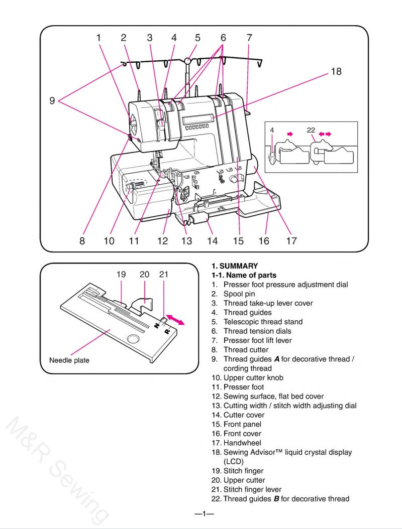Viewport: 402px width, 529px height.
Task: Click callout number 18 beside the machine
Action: point(336,72)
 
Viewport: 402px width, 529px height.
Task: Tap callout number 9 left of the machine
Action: point(52,100)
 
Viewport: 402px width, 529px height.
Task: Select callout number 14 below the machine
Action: point(212,241)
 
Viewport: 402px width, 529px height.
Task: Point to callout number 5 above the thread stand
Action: point(197,38)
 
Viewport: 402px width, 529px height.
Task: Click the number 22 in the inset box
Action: point(311,130)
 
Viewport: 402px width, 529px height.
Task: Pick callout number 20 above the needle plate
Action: point(144,275)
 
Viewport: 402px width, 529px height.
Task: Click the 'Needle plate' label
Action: point(69,360)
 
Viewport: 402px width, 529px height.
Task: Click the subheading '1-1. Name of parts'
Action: point(244,275)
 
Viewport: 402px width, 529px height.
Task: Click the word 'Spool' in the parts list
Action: point(233,294)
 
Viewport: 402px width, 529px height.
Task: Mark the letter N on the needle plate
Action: point(156,325)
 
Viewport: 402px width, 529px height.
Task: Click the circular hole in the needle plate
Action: point(133,340)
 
